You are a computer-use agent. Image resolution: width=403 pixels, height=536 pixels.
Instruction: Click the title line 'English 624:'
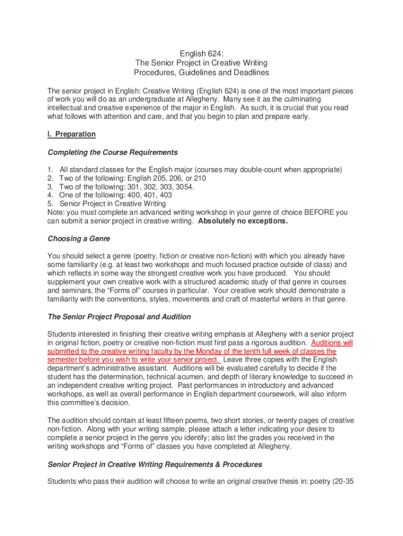coord(201,53)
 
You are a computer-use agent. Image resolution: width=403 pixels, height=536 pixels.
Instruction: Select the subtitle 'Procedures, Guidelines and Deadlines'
coord(201,72)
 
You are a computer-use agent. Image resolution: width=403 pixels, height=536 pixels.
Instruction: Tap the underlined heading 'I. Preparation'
coord(72,134)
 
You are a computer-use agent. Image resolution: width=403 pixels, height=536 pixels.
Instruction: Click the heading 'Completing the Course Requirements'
coord(113,152)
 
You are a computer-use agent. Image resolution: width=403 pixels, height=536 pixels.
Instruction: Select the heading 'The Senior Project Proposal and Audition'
coord(119,317)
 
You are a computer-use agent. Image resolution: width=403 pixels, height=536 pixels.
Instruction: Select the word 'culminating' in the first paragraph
coord(329,99)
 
